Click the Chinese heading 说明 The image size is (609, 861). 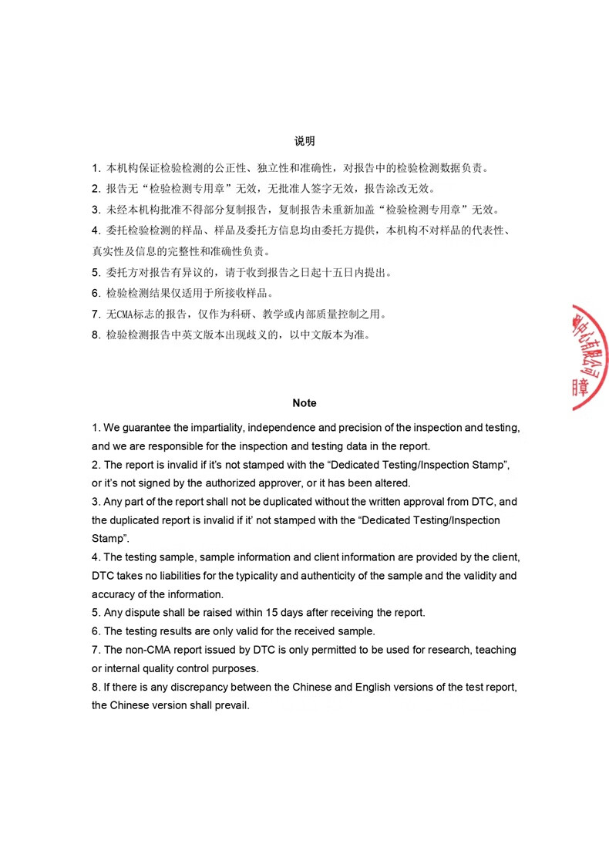coord(304,141)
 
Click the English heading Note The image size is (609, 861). coord(304,403)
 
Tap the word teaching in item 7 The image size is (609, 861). coord(496,650)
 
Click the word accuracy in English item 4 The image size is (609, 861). coord(113,594)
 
